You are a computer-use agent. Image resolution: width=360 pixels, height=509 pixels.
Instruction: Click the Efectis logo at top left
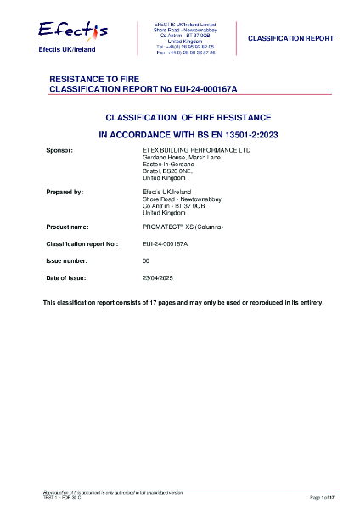[72, 31]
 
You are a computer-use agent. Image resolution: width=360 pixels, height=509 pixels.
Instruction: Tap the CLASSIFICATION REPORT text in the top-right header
[290, 38]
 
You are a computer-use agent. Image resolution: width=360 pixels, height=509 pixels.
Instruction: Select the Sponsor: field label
[60, 150]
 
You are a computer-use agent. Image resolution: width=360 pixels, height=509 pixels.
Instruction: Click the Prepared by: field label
[64, 193]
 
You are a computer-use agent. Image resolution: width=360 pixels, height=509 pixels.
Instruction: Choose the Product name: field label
[67, 228]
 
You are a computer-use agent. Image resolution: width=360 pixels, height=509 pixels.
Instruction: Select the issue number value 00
[146, 260]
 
